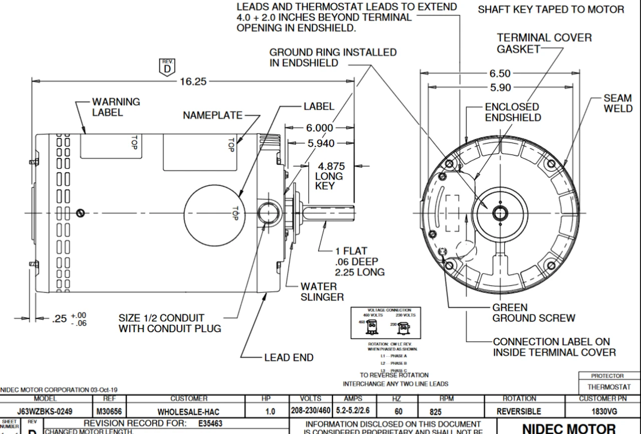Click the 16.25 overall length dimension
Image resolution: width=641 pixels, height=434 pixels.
(x=193, y=81)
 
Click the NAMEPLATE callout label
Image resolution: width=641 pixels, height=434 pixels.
(x=212, y=115)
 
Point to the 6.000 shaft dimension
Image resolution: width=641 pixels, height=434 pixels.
(x=319, y=128)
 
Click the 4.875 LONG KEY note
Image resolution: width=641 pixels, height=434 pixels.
(x=329, y=176)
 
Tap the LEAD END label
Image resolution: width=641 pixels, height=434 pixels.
(x=289, y=357)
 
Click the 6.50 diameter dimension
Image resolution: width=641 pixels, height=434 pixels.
(x=500, y=74)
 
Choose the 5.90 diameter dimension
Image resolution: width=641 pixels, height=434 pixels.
(x=500, y=88)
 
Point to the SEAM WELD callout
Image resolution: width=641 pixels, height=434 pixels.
(x=617, y=103)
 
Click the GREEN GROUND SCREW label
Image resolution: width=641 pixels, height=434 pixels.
(x=534, y=313)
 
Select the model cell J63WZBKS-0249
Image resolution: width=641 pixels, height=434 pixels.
(x=45, y=411)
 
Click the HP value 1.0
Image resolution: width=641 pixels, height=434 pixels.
(x=270, y=411)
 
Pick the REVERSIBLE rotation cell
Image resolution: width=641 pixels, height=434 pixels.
(x=519, y=411)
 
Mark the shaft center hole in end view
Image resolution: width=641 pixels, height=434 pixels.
(x=499, y=213)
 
